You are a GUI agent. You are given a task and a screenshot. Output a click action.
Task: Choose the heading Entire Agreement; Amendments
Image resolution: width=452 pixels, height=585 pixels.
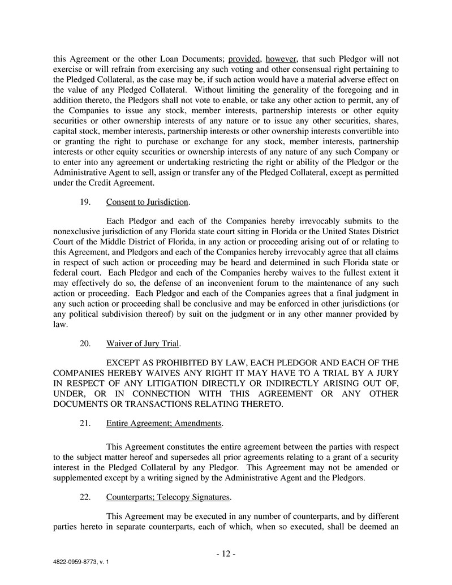164,423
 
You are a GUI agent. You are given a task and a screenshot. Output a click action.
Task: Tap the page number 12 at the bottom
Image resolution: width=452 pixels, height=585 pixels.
226,554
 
